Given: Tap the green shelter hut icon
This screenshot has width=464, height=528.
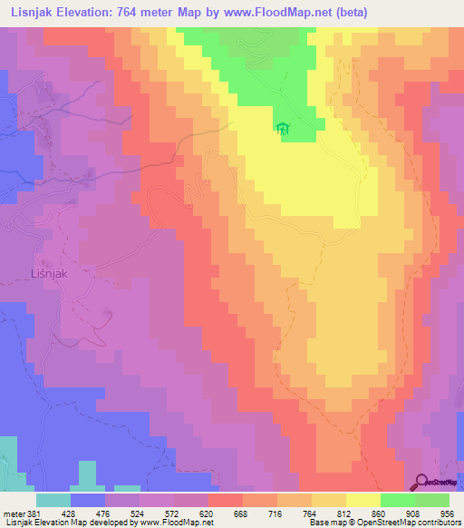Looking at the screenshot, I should point(283,129).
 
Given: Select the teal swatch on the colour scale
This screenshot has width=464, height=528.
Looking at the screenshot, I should point(53,499).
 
